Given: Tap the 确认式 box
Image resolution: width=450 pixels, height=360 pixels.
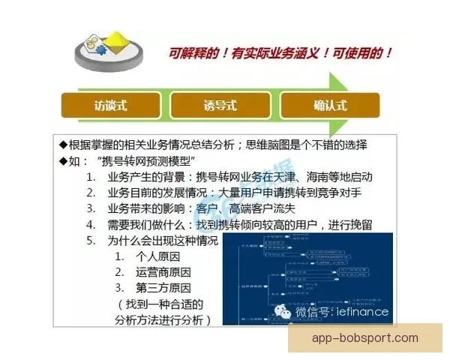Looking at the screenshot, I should tap(330, 105).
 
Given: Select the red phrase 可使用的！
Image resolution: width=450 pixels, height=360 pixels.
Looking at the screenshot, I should tap(358, 54).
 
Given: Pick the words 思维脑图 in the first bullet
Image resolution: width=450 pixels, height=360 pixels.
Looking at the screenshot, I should tap(310, 145).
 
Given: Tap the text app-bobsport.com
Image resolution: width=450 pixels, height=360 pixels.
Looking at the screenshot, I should tap(365, 338).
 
